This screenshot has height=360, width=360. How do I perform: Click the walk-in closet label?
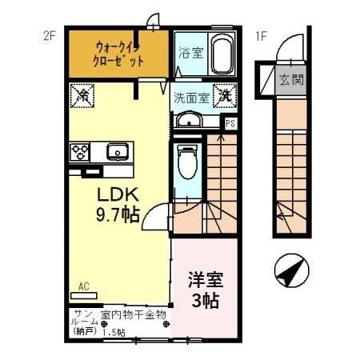(119, 53)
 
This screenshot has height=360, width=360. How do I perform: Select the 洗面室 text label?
(191, 97)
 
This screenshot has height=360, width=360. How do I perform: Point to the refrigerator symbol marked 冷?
(82, 94)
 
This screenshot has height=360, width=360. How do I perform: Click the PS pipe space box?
(230, 123)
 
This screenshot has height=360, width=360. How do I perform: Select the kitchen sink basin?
(117, 150)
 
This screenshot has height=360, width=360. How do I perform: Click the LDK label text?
(118, 195)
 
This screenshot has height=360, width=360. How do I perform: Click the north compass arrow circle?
(290, 273)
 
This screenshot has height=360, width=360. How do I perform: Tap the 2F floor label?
(50, 35)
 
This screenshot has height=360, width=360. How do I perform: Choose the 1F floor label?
(260, 35)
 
